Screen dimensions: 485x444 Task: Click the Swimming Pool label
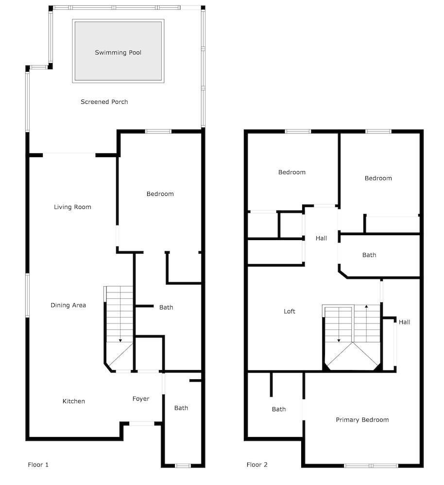pyautogui.click(x=118, y=52)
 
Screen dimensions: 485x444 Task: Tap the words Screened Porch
pyautogui.click(x=104, y=102)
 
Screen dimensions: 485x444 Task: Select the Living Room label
pyautogui.click(x=72, y=207)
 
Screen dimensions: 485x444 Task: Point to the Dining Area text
pyautogui.click(x=68, y=305)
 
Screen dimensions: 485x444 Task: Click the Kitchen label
pyautogui.click(x=74, y=401)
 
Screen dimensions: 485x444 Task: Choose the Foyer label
pyautogui.click(x=141, y=399)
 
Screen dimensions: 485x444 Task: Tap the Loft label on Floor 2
pyautogui.click(x=290, y=311)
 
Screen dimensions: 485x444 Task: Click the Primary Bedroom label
pyautogui.click(x=362, y=420)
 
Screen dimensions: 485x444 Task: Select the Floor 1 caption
pyautogui.click(x=38, y=465)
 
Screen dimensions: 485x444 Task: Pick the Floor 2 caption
pyautogui.click(x=257, y=465)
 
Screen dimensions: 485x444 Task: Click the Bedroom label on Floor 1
pyautogui.click(x=160, y=194)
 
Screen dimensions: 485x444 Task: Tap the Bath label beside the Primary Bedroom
pyautogui.click(x=279, y=409)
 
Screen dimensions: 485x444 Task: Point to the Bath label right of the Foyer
pyautogui.click(x=181, y=408)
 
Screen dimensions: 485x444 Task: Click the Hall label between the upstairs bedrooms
pyautogui.click(x=321, y=238)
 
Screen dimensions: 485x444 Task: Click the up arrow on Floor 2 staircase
pyautogui.click(x=366, y=307)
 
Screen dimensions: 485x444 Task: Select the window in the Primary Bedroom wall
pyautogui.click(x=371, y=466)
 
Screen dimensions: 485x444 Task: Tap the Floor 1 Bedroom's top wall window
pyautogui.click(x=158, y=131)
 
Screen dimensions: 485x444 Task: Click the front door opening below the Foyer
pyautogui.click(x=142, y=423)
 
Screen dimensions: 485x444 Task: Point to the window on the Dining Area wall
pyautogui.click(x=28, y=295)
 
